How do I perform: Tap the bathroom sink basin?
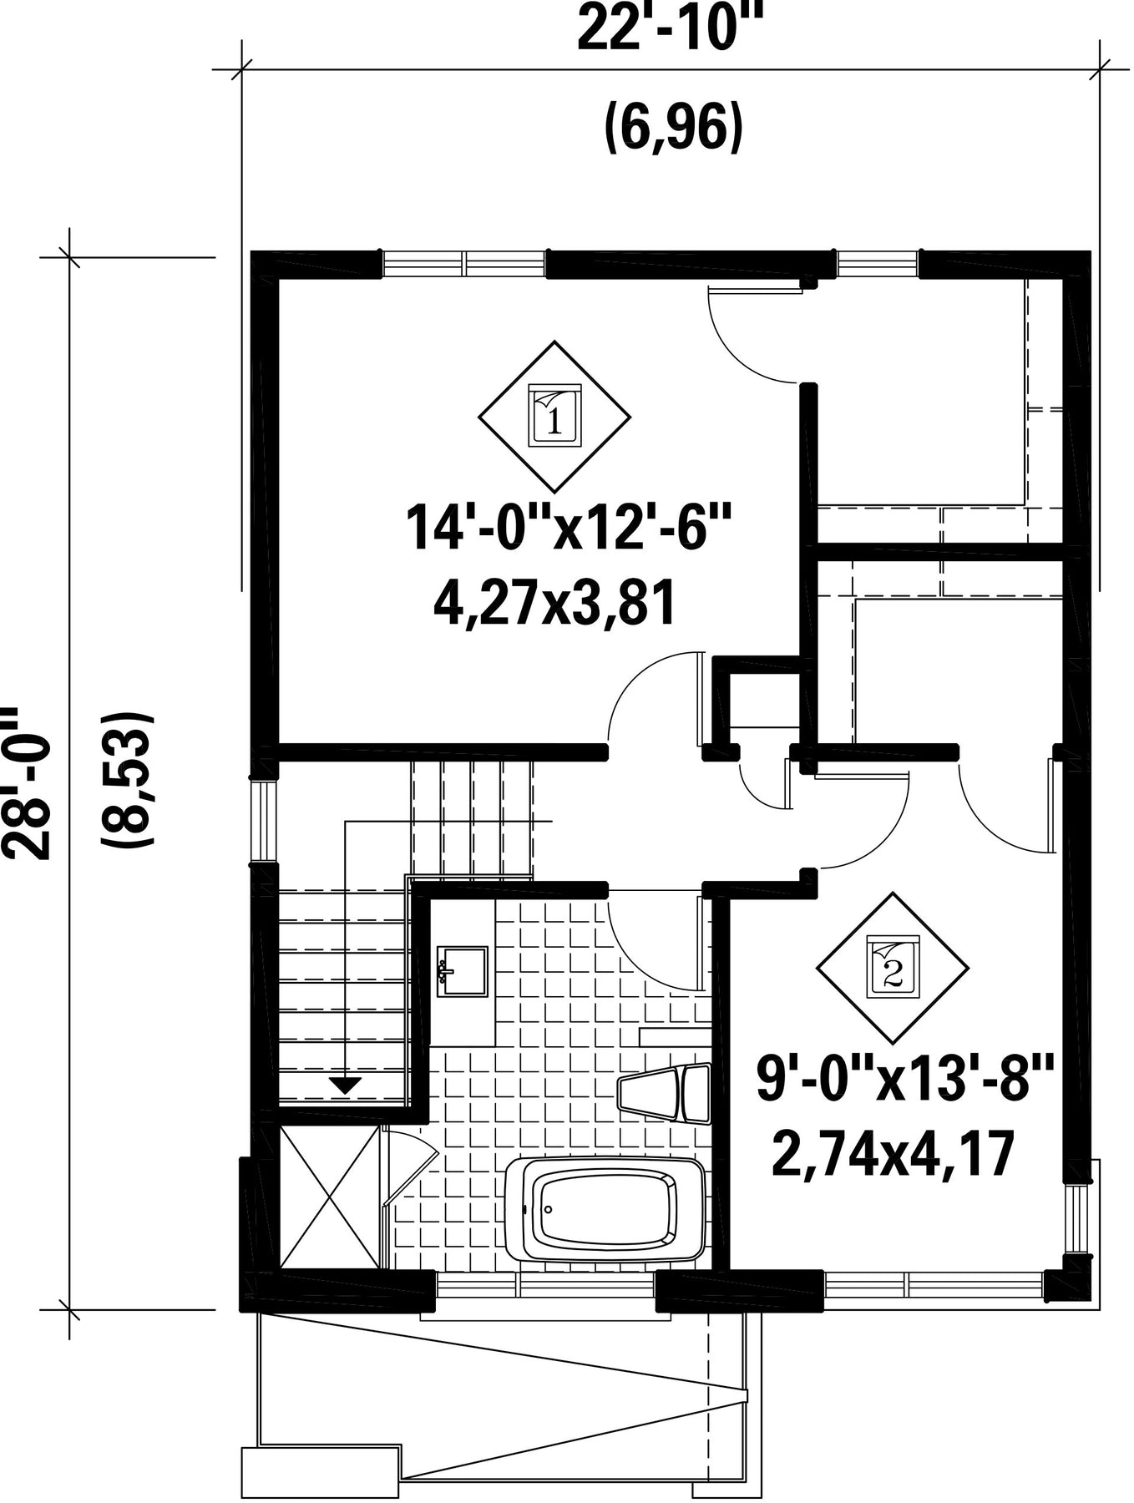pos(462,971)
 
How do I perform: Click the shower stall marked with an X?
pos(331,1197)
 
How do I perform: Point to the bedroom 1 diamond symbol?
pos(554,416)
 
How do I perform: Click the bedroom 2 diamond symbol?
pos(893,968)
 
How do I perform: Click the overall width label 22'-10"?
pos(672,29)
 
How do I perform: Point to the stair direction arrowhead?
pos(345,1085)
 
